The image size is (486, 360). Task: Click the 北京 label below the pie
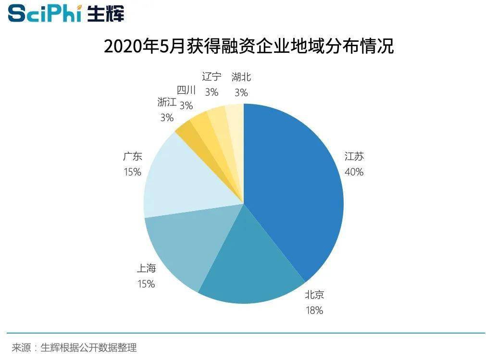[x=314, y=295]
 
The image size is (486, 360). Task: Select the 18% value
[x=314, y=310]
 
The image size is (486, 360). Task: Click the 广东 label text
[x=132, y=157]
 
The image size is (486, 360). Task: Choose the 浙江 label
[x=167, y=102]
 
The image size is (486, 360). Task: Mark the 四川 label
[x=186, y=90]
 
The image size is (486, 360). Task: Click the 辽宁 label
[x=212, y=77]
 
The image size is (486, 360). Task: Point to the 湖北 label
[x=241, y=77]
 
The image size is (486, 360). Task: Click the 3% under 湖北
[x=241, y=92]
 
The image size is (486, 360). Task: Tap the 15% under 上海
[x=146, y=284]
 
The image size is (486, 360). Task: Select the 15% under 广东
[x=132, y=172]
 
